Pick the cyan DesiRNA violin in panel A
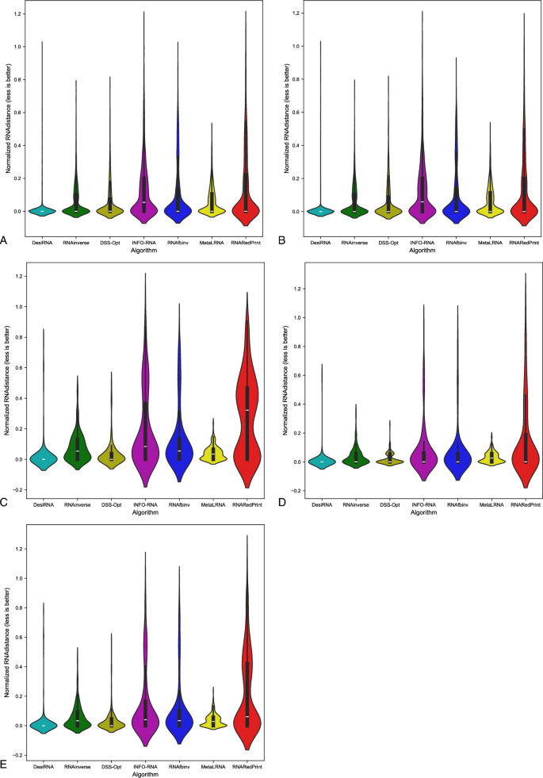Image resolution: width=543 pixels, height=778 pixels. pos(42,210)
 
